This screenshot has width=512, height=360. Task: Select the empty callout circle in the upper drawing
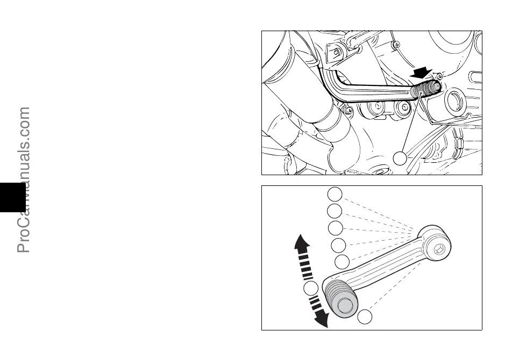[x=400, y=158]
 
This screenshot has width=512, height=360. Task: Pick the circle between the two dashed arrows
[x=310, y=289]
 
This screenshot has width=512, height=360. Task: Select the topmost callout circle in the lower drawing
[x=335, y=194]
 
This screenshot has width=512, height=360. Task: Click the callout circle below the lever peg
[x=365, y=316]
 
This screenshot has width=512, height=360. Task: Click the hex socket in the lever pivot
[x=438, y=248]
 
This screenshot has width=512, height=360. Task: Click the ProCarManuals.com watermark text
[x=24, y=180]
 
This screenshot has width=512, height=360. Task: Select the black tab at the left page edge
[x=12, y=197]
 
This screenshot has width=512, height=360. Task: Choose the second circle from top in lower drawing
[x=335, y=211]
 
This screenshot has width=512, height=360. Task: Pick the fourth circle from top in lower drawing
[x=338, y=246]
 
